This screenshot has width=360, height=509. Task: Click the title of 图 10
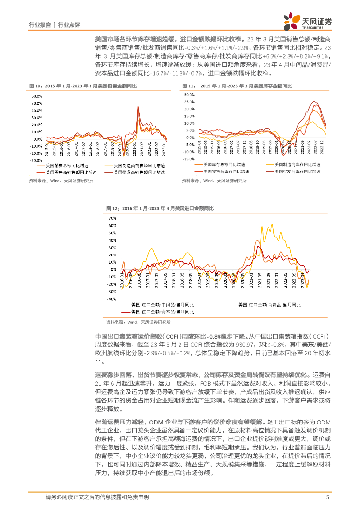[x=83, y=86]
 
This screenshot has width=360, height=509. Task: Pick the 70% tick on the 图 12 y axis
[x=112, y=218]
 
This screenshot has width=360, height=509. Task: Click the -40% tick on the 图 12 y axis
[x=112, y=299]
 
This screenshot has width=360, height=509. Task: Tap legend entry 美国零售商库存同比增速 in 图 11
[x=222, y=170]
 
